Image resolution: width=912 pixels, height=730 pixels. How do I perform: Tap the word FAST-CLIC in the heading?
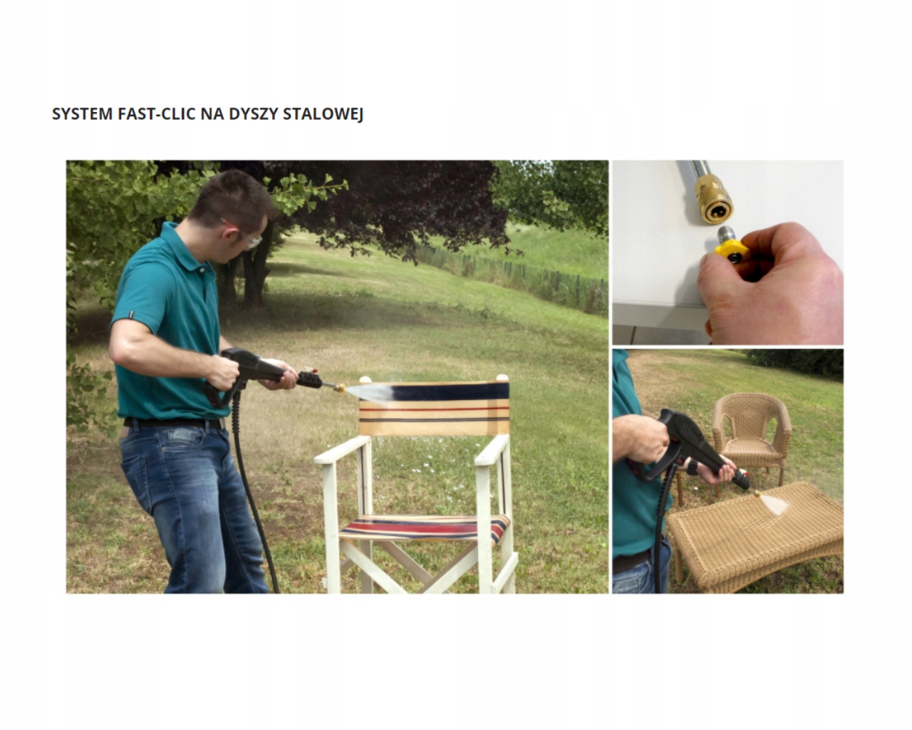(156, 114)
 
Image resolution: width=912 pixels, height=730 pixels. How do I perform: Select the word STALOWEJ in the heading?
(323, 115)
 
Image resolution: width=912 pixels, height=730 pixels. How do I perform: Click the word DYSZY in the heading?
(254, 114)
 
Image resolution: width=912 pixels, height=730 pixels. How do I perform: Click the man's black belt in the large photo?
(173, 423)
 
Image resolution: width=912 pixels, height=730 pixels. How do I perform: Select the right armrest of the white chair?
(492, 450)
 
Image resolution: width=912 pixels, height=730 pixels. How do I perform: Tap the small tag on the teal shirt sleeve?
(132, 314)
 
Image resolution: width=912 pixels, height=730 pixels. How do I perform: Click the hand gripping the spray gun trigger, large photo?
(224, 373)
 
